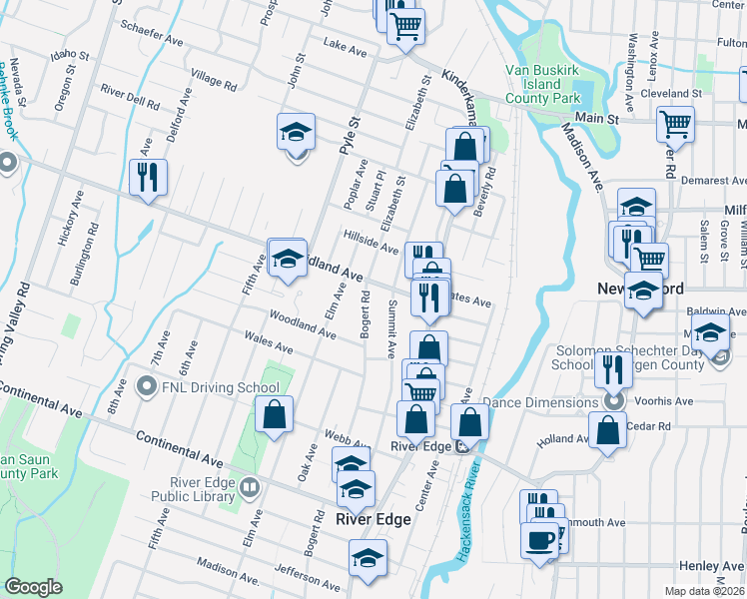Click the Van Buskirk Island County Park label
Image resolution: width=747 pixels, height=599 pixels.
pos(542,85)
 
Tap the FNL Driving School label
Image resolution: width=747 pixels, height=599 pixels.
pos(209,387)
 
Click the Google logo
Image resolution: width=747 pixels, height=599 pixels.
pos(33,587)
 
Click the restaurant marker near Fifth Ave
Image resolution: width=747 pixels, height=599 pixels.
pos(148,179)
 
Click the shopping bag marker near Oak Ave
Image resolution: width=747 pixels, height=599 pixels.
pos(274,415)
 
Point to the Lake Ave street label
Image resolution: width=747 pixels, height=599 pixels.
pos(346,45)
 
